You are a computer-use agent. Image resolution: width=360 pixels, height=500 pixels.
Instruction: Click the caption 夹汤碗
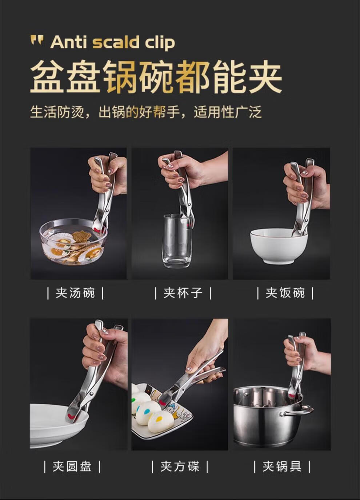(x=75, y=293)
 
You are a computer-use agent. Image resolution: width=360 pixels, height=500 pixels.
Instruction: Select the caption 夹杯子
(x=183, y=293)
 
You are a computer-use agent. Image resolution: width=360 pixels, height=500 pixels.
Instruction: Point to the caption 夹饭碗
(x=285, y=293)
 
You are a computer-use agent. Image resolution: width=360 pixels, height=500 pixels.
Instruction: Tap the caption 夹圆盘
(x=72, y=467)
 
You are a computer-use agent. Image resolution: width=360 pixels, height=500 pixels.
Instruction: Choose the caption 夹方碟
(x=180, y=467)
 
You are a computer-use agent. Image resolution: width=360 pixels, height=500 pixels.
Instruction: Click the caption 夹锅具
(x=282, y=467)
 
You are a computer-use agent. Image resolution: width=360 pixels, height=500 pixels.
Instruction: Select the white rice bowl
(x=279, y=246)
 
